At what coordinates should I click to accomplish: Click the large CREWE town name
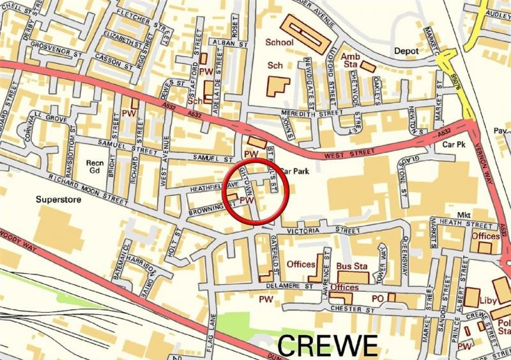click(328, 345)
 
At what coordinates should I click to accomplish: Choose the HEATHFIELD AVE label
click(209, 188)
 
